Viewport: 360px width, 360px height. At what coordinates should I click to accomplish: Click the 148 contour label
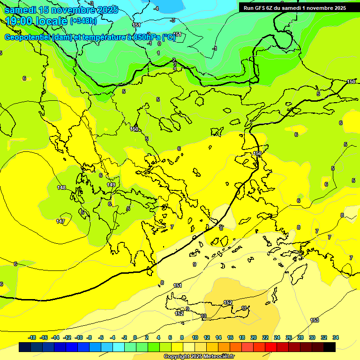pyautogui.click(x=61, y=187)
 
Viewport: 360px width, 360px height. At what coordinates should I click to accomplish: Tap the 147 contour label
pyautogui.click(x=60, y=221)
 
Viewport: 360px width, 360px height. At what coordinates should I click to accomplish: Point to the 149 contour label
pyautogui.click(x=111, y=185)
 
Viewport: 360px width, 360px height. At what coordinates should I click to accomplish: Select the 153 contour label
pyautogui.click(x=315, y=320)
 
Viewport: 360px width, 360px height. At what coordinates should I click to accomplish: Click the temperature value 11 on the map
pyautogui.click(x=244, y=308)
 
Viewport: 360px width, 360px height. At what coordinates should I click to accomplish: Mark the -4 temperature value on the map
pyautogui.click(x=156, y=8)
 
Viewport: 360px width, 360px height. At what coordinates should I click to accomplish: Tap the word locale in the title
pyautogui.click(x=51, y=21)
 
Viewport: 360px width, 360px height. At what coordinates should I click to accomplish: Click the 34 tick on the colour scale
pyautogui.click(x=336, y=337)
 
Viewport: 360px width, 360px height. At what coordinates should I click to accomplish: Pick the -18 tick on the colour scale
pyautogui.click(x=32, y=337)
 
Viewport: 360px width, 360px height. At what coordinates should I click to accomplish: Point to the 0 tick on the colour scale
pyautogui.click(x=135, y=337)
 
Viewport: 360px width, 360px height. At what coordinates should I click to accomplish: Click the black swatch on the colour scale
pyautogui.click(x=330, y=347)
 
